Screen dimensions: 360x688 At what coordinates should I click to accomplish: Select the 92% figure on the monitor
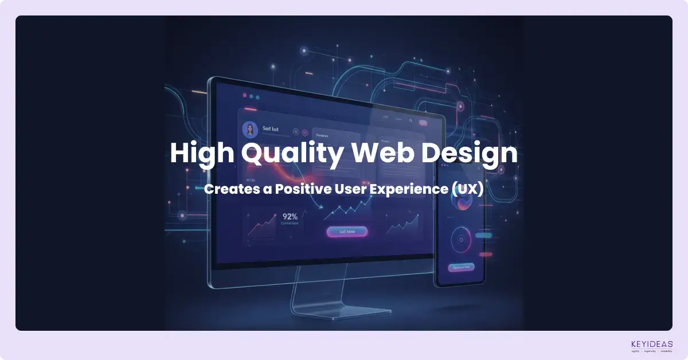tap(290, 217)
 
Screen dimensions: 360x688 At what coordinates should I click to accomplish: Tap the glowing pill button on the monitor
tap(347, 232)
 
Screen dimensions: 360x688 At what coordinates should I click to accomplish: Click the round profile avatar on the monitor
tap(250, 130)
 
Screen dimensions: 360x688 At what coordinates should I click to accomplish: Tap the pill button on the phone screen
tap(461, 267)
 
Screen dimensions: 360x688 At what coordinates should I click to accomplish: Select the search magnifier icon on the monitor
tap(411, 121)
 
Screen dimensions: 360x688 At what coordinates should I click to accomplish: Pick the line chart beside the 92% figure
tap(261, 227)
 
